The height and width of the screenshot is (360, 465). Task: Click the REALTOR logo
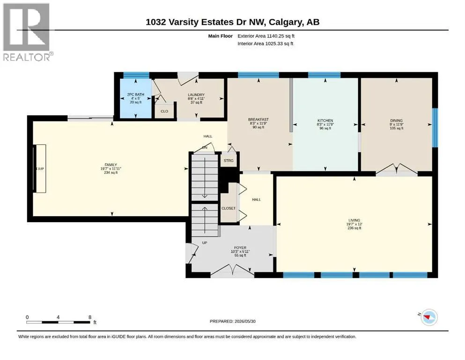28,32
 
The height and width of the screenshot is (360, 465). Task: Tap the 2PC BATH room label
135,95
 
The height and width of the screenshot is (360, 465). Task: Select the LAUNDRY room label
196,95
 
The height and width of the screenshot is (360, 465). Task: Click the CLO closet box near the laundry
164,111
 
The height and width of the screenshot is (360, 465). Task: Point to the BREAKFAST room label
258,120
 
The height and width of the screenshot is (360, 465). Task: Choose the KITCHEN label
325,120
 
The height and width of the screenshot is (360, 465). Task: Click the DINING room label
397,120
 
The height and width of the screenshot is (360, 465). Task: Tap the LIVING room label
354,220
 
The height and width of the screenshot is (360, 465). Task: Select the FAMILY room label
111,165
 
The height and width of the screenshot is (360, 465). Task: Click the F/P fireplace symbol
40,169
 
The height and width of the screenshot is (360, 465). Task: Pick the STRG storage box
229,161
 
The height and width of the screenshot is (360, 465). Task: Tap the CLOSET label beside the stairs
229,208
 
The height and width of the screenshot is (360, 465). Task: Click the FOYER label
240,247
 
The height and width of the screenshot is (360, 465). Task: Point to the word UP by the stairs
205,243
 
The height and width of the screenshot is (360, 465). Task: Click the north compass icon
429,317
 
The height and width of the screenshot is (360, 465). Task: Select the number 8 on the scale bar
90,317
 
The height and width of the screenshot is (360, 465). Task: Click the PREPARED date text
232,321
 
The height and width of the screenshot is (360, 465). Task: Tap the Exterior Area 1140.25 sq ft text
266,36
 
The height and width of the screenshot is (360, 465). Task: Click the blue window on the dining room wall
435,127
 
